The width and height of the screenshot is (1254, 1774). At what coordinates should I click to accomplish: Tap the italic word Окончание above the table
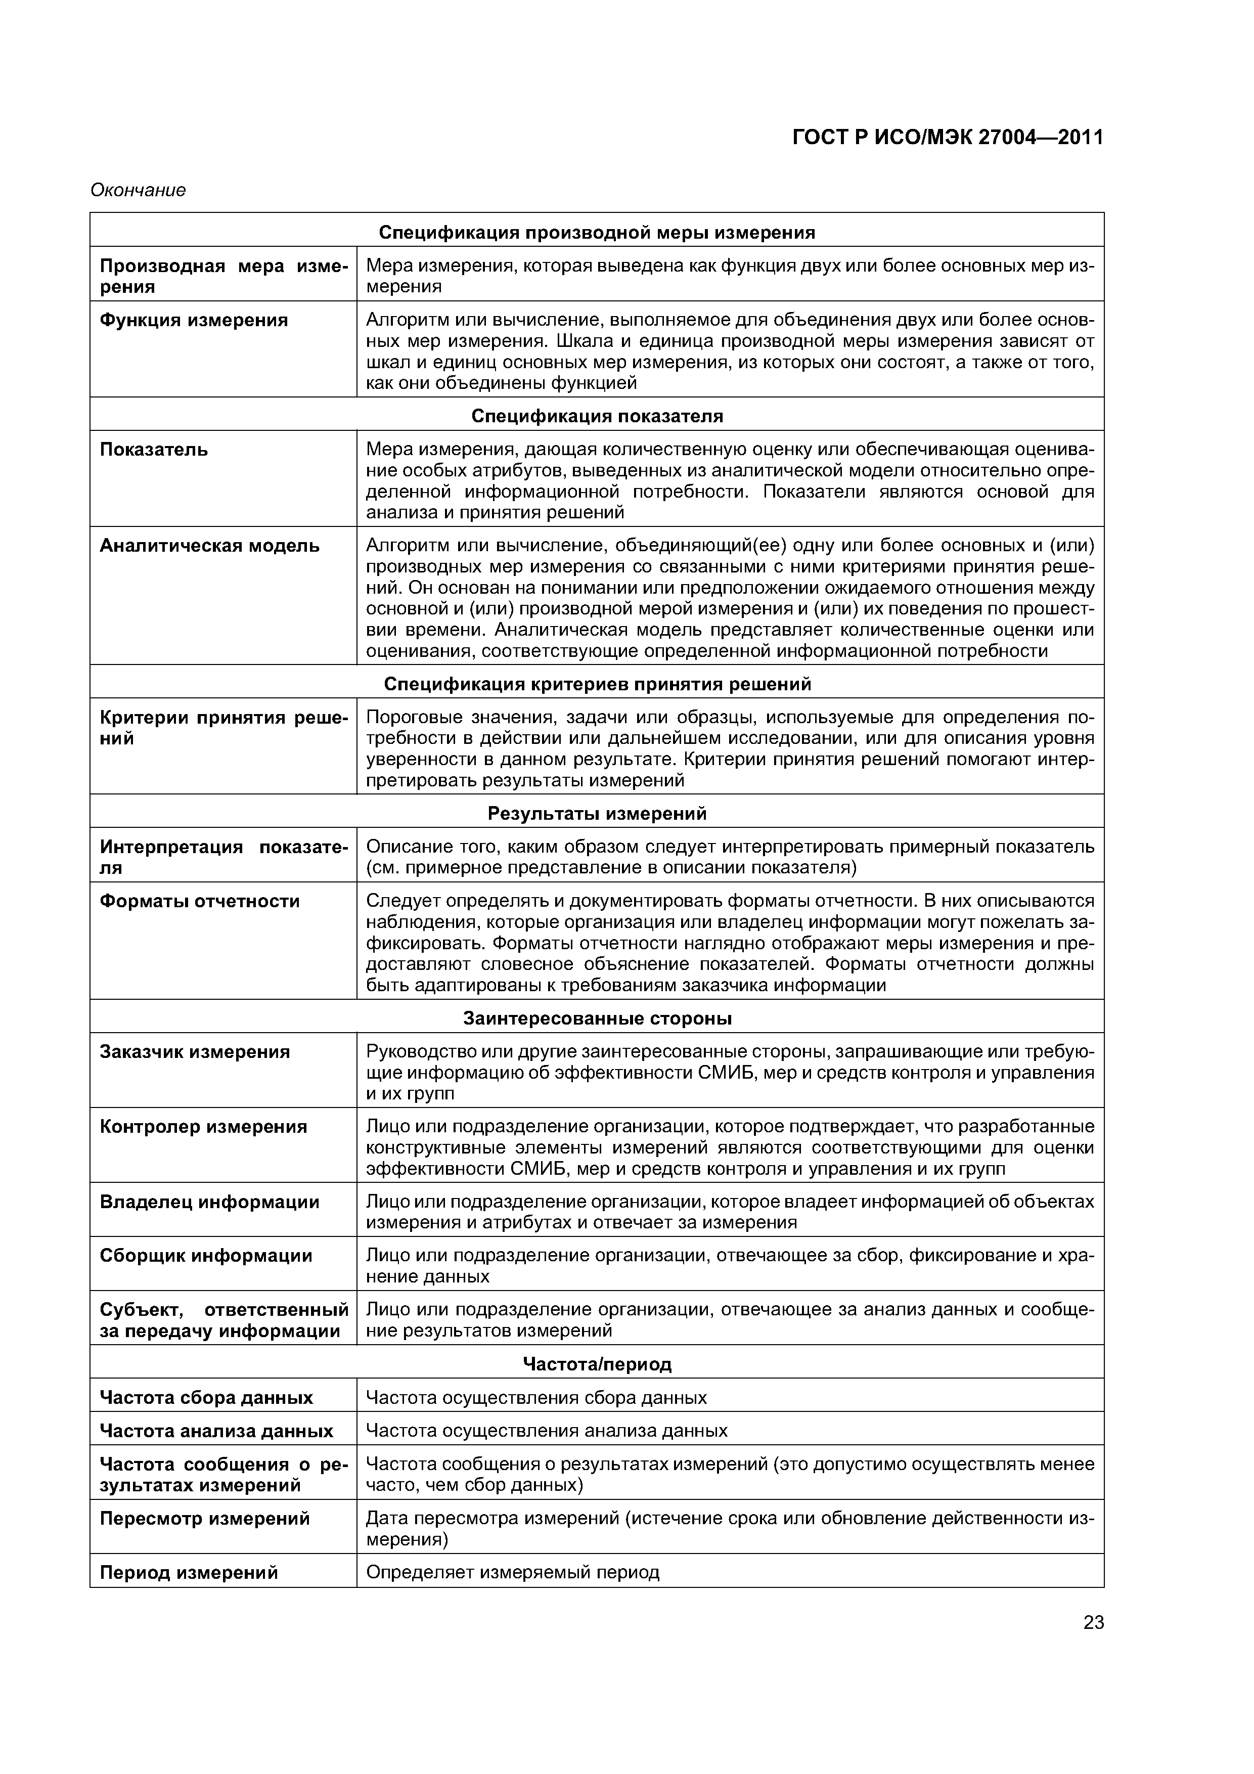139,190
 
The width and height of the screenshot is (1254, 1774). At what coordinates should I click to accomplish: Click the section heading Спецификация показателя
597,417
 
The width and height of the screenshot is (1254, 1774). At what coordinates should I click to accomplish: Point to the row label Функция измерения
194,320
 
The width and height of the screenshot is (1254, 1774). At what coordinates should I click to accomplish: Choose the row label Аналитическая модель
209,546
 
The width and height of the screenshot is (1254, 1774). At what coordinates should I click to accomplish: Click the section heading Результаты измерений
597,814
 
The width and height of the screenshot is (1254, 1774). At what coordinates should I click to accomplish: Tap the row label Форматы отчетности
199,901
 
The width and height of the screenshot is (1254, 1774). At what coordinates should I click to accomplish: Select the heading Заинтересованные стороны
597,1018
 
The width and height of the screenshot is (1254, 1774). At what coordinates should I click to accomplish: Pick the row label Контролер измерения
203,1127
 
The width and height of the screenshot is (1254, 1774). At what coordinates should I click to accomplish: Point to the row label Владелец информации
209,1202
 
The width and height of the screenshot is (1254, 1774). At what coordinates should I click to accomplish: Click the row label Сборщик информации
206,1256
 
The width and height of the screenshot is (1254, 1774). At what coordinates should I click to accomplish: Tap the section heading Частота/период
597,1364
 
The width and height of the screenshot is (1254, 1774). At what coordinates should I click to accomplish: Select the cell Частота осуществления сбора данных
535,1398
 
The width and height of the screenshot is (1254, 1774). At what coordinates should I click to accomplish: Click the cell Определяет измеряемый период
512,1572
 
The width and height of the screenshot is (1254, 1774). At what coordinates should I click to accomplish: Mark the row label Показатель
154,450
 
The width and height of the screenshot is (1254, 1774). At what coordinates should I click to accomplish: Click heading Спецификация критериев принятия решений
597,685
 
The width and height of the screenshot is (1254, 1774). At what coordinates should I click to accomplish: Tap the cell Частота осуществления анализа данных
546,1431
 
